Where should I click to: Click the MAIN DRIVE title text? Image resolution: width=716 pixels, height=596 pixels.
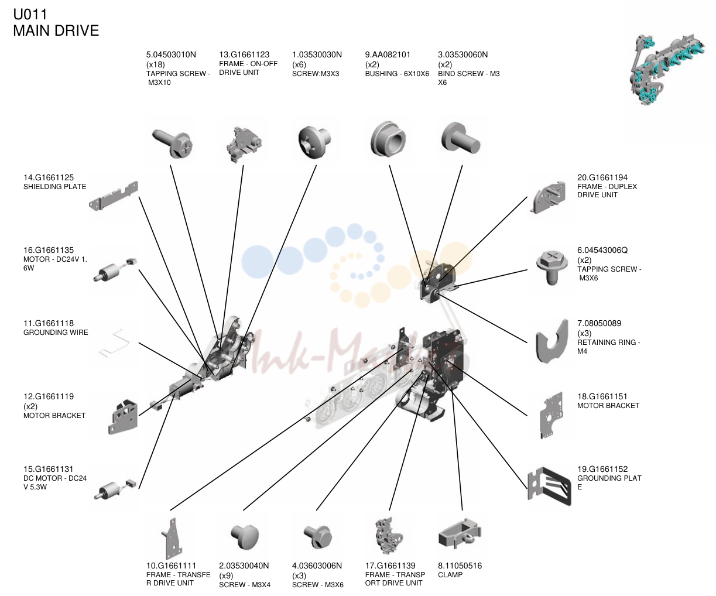[x=56, y=30]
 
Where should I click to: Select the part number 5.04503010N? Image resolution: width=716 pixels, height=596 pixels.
[x=171, y=54]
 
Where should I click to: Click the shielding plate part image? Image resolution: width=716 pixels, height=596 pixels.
[x=114, y=196]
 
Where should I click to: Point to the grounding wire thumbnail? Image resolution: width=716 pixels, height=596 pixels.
[x=114, y=343]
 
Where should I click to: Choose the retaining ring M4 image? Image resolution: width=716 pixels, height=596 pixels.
[x=552, y=341]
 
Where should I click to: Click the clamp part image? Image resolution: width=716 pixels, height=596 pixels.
[x=460, y=533]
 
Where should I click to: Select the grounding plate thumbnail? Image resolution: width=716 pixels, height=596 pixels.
[x=549, y=486]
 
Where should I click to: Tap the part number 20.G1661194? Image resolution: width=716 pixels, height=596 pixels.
[x=602, y=177]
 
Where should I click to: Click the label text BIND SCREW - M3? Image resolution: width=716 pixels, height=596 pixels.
[x=469, y=74]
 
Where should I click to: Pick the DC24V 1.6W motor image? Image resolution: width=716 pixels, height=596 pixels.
[x=115, y=270]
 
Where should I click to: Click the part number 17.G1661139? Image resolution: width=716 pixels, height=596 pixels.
[x=390, y=566]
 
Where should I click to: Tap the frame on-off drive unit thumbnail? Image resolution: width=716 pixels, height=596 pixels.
[x=243, y=145]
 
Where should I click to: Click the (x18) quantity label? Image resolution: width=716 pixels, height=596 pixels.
[x=155, y=64]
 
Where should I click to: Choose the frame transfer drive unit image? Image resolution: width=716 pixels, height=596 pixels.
[x=172, y=538]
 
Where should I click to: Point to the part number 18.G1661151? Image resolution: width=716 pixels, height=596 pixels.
[x=602, y=396]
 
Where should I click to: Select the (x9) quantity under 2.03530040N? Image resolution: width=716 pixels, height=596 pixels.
[x=227, y=576]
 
